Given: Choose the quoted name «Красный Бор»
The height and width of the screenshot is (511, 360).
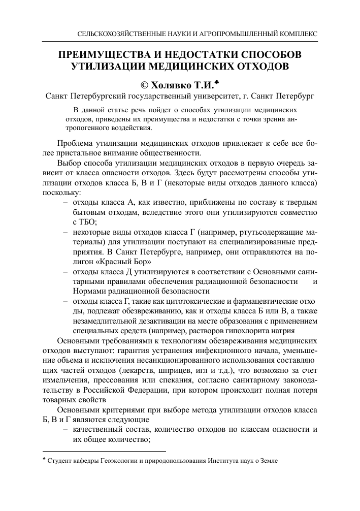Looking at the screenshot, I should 126,262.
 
